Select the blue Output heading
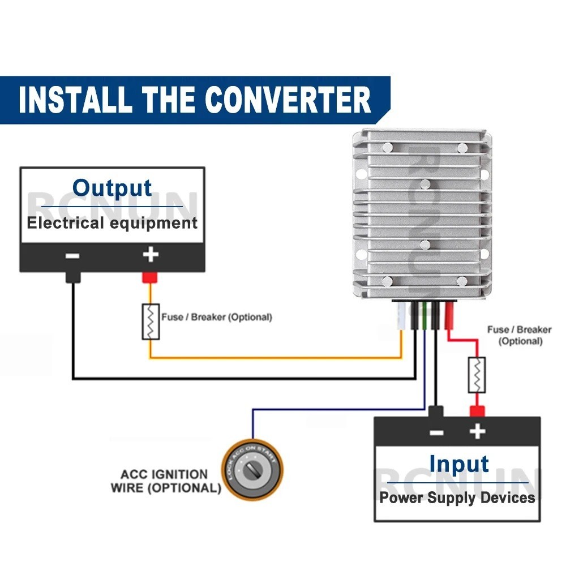tap(112, 188)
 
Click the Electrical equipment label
tap(112, 222)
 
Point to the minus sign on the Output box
tap(72, 255)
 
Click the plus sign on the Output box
tap(150, 255)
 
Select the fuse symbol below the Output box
tap(151, 321)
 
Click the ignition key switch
tap(252, 468)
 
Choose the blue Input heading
tap(458, 464)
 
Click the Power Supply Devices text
tap(457, 498)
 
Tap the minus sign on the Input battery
tap(436, 433)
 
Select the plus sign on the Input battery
tap(477, 432)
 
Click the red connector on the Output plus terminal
tap(149, 277)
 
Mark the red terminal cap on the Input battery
tap(477, 411)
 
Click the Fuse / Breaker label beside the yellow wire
tap(216, 317)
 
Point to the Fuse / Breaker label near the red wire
tap(519, 335)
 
